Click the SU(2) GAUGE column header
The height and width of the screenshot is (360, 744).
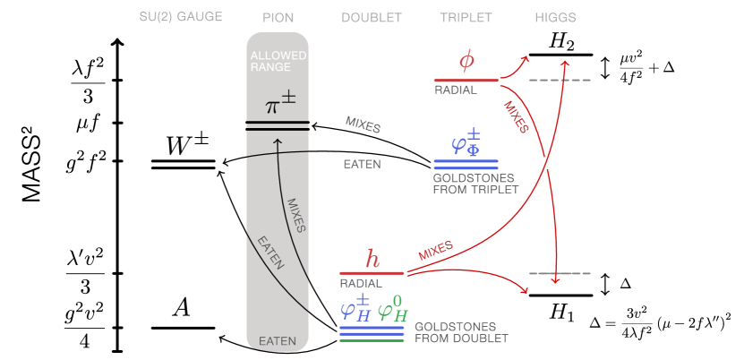click(182, 17)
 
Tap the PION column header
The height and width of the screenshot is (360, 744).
click(278, 17)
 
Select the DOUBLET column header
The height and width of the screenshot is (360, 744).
click(372, 17)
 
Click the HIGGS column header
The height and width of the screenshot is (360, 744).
click(555, 17)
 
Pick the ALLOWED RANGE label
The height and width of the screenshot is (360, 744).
click(278, 61)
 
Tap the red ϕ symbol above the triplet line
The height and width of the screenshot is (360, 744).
click(466, 61)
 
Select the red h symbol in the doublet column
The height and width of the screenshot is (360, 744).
click(372, 259)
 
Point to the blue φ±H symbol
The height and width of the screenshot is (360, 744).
click(355, 308)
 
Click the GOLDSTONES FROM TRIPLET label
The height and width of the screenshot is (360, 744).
click(475, 184)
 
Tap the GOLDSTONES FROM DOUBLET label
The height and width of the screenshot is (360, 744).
click(461, 332)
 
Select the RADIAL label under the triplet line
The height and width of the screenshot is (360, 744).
click(456, 90)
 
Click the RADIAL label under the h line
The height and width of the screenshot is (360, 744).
click(360, 283)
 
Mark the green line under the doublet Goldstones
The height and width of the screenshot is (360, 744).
click(372, 341)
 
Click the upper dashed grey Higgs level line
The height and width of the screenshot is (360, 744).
click(560, 81)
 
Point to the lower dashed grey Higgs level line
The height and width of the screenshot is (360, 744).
click(560, 273)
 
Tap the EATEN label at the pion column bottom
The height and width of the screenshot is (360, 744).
click(278, 341)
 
